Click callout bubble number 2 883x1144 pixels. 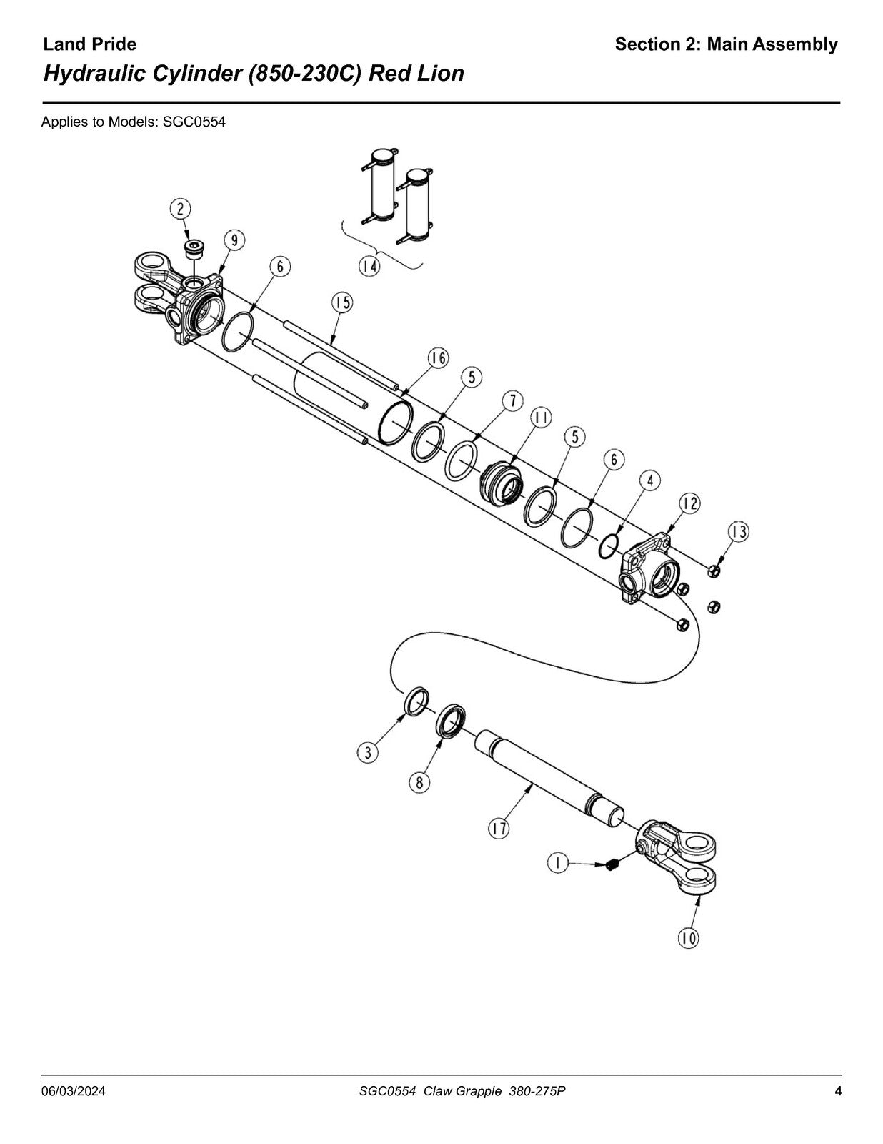point(181,209)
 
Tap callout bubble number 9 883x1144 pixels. point(234,240)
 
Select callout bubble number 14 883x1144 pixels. point(369,267)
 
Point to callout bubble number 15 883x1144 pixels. point(341,303)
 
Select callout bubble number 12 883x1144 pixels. point(690,504)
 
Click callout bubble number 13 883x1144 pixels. point(739,532)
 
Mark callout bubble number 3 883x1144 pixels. point(368,753)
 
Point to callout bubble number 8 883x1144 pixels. point(419,783)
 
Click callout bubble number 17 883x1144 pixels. point(499,829)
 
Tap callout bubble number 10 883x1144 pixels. point(689,937)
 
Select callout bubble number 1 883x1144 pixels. point(557,864)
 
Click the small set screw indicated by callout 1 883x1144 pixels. point(612,865)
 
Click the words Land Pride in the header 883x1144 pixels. point(89,44)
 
